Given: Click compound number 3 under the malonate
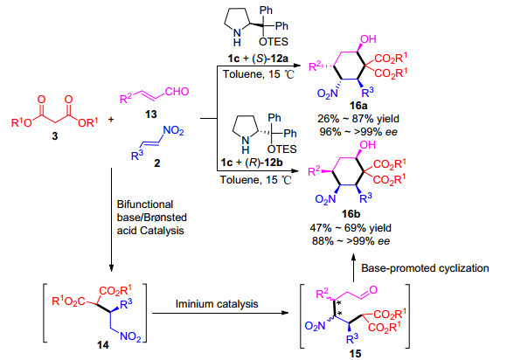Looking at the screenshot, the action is [x=55, y=136].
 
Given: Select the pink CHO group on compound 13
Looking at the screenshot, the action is [x=177, y=92].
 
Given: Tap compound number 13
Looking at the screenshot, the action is [x=151, y=114].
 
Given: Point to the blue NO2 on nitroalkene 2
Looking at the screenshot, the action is [x=173, y=130].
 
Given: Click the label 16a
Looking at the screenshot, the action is [x=358, y=106].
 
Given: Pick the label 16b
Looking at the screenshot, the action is [x=351, y=214].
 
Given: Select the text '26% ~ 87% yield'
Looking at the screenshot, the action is [x=358, y=119].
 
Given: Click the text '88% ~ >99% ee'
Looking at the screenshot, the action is [x=351, y=241].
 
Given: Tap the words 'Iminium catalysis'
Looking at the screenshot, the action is [x=217, y=304].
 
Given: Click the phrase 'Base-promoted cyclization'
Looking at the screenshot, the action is [x=425, y=268].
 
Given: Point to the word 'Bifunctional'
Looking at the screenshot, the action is [x=145, y=204].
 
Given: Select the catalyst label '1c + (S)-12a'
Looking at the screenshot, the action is [x=258, y=59].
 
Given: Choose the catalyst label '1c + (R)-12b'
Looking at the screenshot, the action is [x=252, y=163].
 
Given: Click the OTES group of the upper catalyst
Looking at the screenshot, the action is [x=274, y=41].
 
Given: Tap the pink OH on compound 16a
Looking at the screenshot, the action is [x=368, y=39].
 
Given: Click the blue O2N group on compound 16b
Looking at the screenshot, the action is [x=326, y=199].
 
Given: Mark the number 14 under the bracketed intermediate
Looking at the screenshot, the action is [x=103, y=345].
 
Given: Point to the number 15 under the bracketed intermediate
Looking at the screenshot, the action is [x=355, y=354].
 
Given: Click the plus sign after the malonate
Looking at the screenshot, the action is [x=111, y=120].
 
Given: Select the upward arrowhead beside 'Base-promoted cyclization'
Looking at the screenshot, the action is [x=353, y=257].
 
